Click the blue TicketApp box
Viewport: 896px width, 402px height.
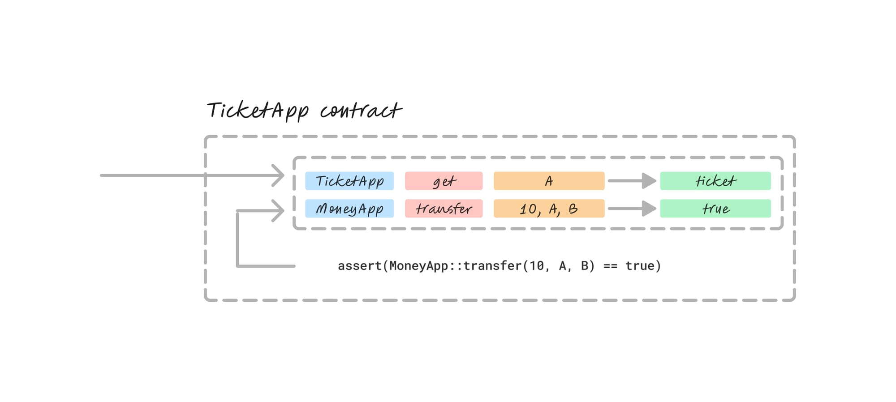click(349, 181)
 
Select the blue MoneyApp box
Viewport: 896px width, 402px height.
click(349, 209)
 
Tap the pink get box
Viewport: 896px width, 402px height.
click(444, 181)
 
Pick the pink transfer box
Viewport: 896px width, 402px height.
click(444, 209)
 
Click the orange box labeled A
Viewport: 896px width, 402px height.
click(549, 181)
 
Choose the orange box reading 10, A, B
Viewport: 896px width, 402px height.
click(549, 209)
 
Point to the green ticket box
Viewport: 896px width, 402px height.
click(715, 181)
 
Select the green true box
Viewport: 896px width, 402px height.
click(715, 209)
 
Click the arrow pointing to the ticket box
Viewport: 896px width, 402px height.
click(632, 181)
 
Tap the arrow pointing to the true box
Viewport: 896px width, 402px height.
click(632, 209)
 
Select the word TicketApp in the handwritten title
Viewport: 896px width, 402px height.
click(258, 111)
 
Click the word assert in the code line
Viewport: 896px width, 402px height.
click(359, 266)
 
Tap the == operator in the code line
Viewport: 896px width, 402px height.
click(610, 266)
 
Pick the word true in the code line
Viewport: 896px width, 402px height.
click(640, 266)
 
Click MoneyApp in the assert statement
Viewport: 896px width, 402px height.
click(418, 266)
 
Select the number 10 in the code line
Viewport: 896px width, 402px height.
click(537, 266)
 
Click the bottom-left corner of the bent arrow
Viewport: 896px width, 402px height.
click(238, 266)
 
